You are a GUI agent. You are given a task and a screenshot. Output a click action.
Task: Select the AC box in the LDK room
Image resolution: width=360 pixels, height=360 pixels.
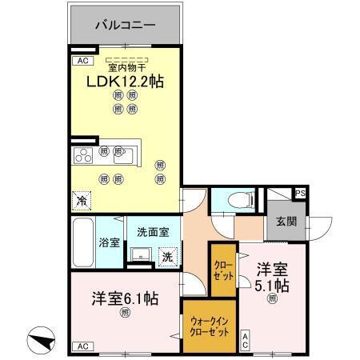pos(81,61)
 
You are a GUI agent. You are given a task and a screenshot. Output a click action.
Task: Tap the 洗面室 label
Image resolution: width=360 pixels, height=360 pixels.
pos(152,232)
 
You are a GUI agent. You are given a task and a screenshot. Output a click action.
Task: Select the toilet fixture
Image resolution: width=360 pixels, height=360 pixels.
pos(238,199)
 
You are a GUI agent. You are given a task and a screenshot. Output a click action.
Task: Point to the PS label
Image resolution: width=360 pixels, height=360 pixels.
pos(300,194)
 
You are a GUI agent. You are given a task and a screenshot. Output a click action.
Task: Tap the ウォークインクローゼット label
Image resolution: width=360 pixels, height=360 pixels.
pos(210,326)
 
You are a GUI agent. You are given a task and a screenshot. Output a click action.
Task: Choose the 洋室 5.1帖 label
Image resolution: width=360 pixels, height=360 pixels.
pos(272,277)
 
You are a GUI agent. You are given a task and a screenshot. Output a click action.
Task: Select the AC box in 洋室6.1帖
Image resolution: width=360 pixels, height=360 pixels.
pos(81,346)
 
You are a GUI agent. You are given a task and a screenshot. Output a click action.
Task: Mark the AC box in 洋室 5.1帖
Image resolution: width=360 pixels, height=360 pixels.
pos(246,339)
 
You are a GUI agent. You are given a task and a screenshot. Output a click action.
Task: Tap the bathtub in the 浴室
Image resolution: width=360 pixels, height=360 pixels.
pos(83,242)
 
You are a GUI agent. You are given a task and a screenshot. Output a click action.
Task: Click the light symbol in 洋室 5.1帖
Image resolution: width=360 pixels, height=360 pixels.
pos(272,299)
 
